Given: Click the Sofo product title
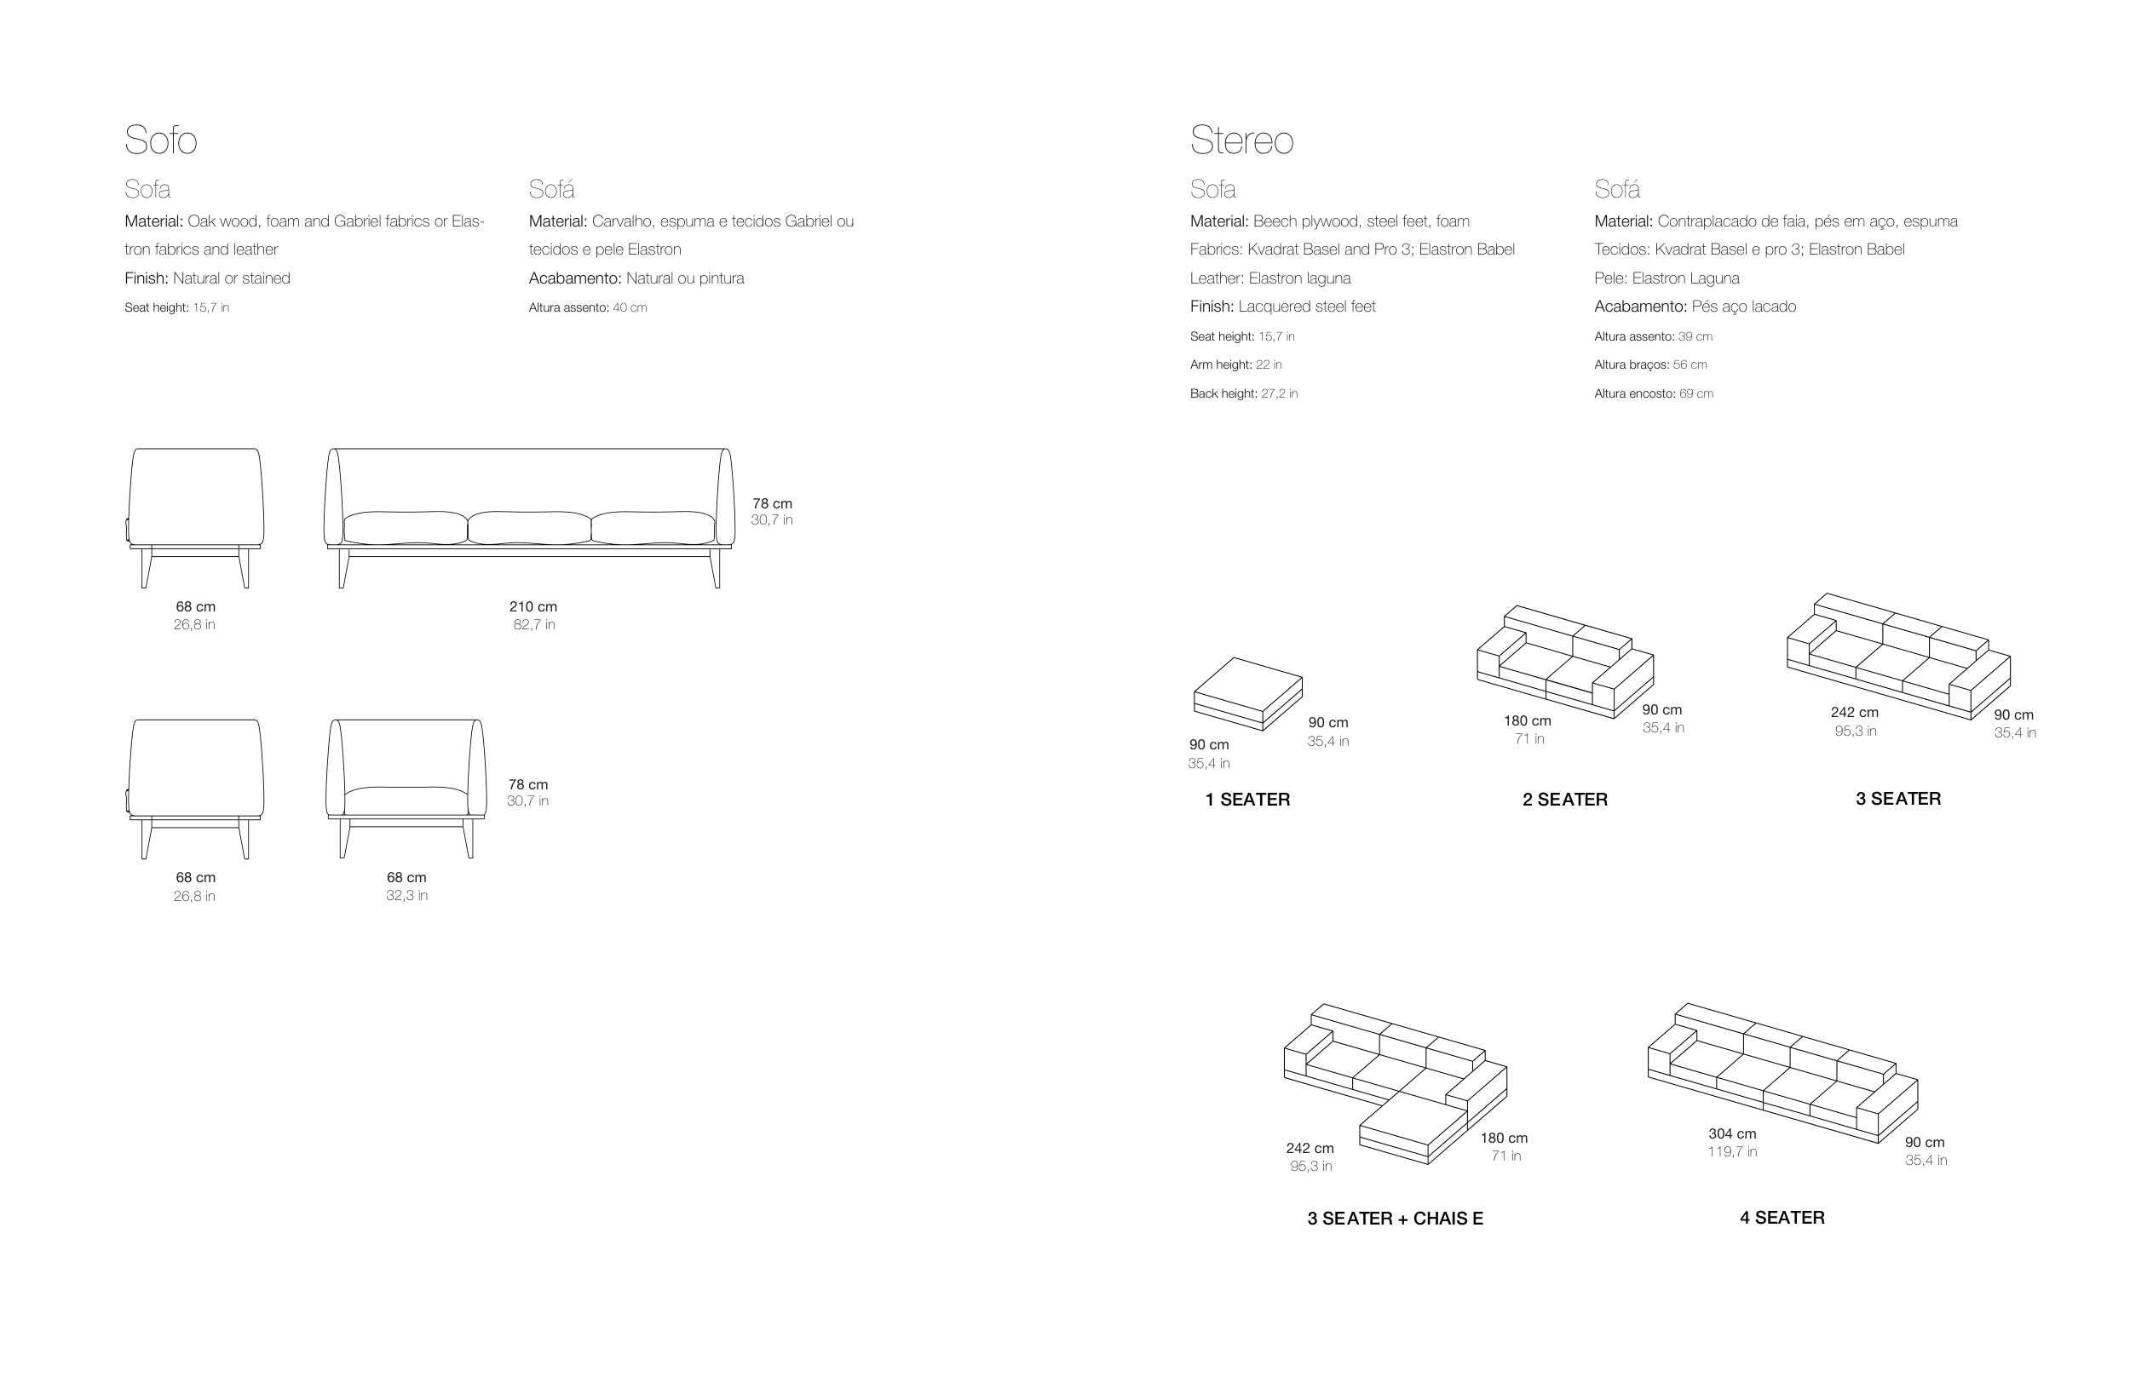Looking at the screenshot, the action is tap(160, 140).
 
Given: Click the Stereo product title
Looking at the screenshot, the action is tap(1241, 140).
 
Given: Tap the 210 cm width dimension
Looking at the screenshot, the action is tap(533, 606).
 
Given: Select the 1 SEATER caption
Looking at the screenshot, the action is tap(1247, 799).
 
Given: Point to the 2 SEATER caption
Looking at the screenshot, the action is tap(1564, 799).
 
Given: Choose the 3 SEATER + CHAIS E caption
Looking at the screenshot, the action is tap(1396, 1218).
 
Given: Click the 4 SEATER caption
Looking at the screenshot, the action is tap(1782, 1217).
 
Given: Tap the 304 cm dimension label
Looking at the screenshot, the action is tap(1732, 1133).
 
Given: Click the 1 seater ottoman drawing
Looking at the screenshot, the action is tap(1247, 694).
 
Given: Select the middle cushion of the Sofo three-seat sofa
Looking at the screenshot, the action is tap(529, 528).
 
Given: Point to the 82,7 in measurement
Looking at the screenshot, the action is tap(534, 624).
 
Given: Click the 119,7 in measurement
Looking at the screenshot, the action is tap(1732, 1151).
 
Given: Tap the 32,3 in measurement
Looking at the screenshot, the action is tap(406, 895).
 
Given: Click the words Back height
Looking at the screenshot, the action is tap(1223, 393).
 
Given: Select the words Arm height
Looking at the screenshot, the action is tap(1220, 364).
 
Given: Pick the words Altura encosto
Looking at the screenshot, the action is tap(1633, 393).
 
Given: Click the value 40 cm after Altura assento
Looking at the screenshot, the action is tap(629, 307).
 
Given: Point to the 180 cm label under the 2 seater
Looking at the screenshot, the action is tap(1528, 720).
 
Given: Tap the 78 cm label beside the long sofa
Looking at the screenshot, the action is tap(773, 504).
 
